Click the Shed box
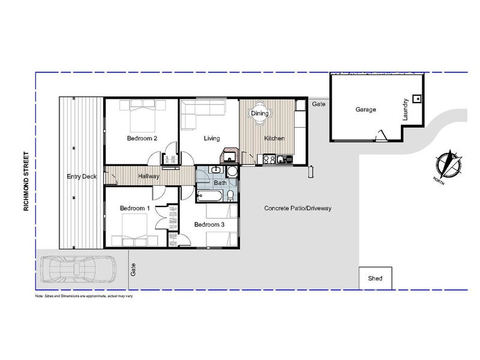click(x=376, y=278)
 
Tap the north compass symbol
click(x=449, y=164)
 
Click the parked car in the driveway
click(x=79, y=269)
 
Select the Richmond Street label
click(x=26, y=181)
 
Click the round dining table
click(x=260, y=113)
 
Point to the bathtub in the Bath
click(x=209, y=196)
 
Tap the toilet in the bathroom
click(x=230, y=196)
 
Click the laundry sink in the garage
click(x=417, y=98)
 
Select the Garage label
click(x=365, y=109)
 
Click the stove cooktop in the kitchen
click(x=269, y=160)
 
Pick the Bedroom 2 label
click(x=142, y=138)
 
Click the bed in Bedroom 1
click(x=134, y=230)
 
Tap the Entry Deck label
click(x=82, y=176)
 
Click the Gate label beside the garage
click(x=319, y=104)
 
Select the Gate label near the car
click(x=133, y=269)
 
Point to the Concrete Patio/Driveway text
click(x=298, y=208)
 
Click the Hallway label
click(x=149, y=176)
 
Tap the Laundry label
click(x=406, y=109)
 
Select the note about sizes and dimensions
click(x=84, y=296)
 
